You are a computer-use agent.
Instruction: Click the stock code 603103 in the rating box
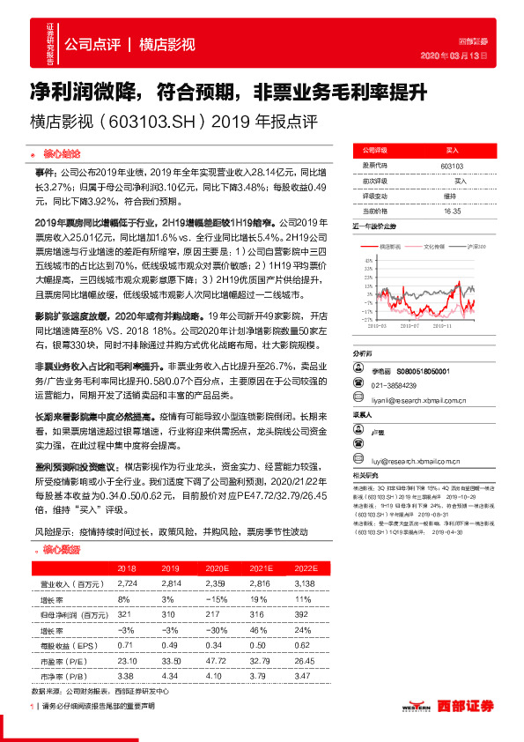point(452,166)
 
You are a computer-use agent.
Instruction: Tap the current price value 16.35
point(452,211)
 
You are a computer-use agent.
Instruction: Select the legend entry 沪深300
point(476,246)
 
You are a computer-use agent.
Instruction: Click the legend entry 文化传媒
point(436,246)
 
